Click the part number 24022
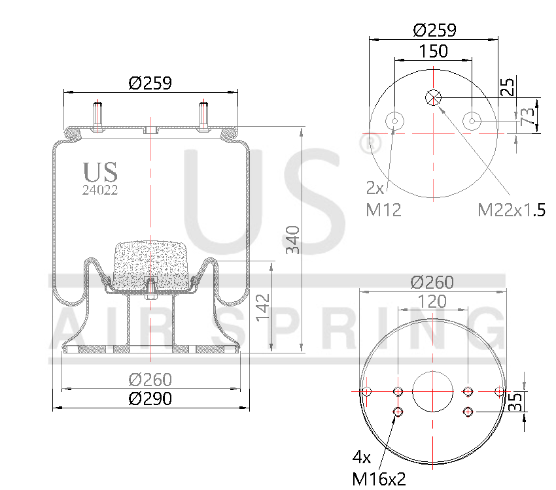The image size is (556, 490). (99, 191)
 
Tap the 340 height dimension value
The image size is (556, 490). (292, 240)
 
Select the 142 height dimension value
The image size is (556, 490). (262, 306)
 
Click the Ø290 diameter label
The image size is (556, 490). (150, 399)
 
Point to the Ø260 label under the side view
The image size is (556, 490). (150, 379)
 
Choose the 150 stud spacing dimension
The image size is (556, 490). (433, 51)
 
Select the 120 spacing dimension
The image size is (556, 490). (432, 301)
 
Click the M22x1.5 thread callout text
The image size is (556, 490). (512, 210)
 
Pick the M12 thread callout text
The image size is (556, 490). (383, 209)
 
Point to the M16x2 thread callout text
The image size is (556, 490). (379, 479)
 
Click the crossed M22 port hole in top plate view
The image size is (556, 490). (433, 97)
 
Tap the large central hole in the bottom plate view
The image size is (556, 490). (432, 392)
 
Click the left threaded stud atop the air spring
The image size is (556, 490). (98, 116)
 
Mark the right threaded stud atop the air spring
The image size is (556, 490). (203, 116)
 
